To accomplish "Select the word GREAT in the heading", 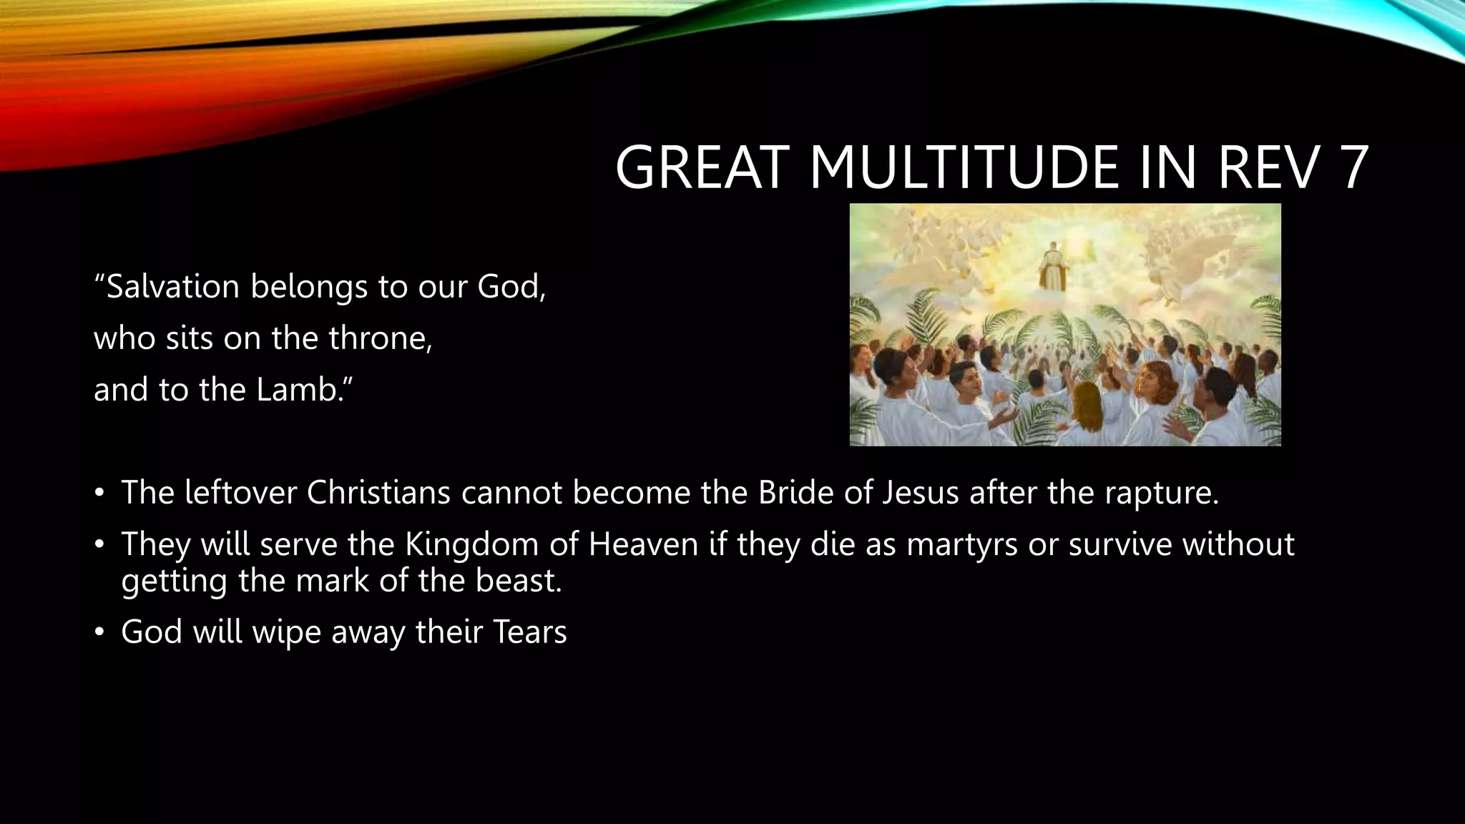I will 705,167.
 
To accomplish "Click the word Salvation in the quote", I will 172,287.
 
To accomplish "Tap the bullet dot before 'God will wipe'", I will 99,632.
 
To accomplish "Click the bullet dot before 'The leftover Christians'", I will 99,493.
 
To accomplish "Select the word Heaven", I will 643,544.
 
